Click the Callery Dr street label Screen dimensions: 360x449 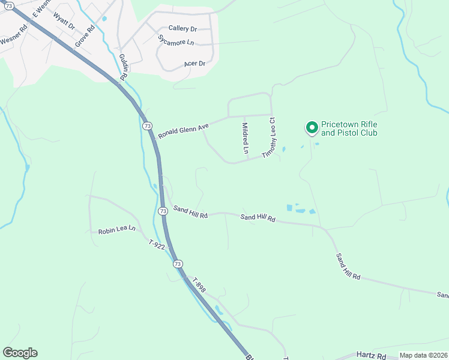coord(182,28)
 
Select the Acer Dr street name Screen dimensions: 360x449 coord(194,64)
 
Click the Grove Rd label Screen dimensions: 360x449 coord(85,37)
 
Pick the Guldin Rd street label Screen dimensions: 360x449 coord(124,66)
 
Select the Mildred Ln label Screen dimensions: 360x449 coord(245,138)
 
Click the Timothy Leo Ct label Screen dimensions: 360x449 coord(271,137)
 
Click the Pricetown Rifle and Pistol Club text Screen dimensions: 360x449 coord(349,128)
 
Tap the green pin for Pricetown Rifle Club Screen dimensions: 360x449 coord(312,128)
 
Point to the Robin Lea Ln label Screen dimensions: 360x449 coord(117,230)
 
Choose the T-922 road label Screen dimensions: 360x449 coord(157,244)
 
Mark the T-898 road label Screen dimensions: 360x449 coord(199,284)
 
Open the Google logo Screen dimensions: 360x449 coord(20,353)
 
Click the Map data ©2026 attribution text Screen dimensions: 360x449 coord(423,355)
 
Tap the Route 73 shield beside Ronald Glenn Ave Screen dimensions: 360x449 coord(148,126)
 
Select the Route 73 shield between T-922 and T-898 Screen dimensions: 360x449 coord(177,263)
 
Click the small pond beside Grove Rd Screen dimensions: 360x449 coord(104,19)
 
